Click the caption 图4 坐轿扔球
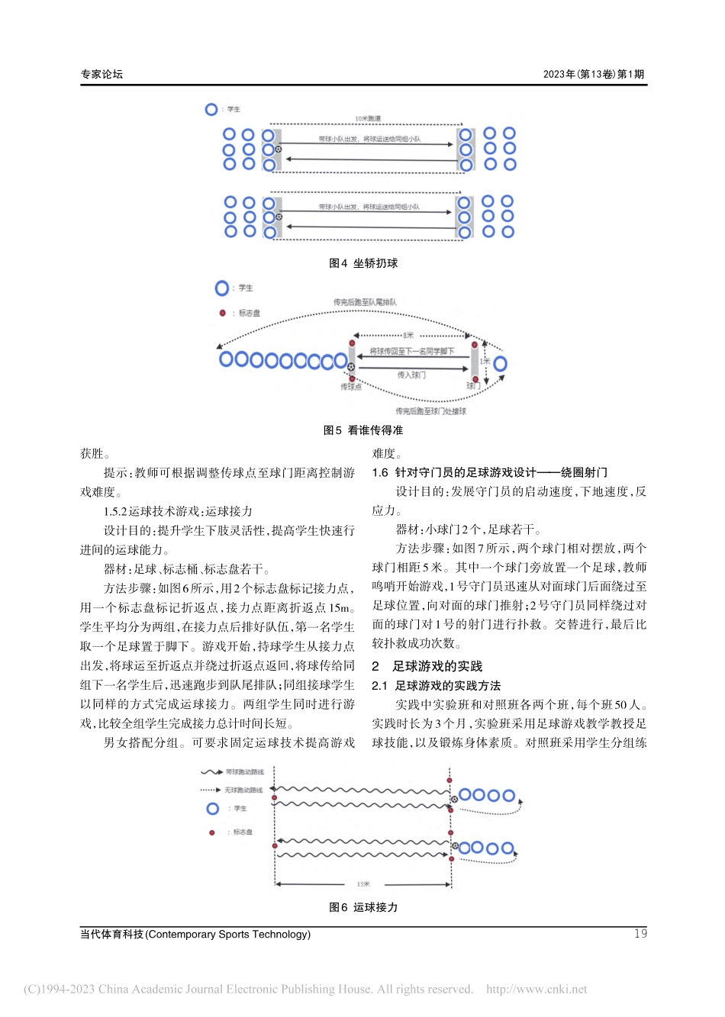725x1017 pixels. (x=363, y=263)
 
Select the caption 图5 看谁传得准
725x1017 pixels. (x=363, y=430)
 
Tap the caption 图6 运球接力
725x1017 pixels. (x=363, y=907)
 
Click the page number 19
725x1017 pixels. (x=640, y=934)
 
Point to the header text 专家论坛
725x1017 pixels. (x=101, y=74)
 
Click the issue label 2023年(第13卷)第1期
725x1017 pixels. (x=594, y=74)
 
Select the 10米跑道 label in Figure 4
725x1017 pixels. (x=368, y=119)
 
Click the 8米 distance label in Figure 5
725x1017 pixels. (x=408, y=335)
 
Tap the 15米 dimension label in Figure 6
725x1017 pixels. (x=363, y=884)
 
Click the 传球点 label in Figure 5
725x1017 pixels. (x=351, y=388)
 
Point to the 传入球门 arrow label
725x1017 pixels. (x=411, y=375)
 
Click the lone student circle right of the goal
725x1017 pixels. (x=500, y=363)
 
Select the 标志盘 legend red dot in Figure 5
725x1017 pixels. (x=223, y=313)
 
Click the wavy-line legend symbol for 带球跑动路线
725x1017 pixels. (x=211, y=772)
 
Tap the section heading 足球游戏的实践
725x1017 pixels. (x=437, y=666)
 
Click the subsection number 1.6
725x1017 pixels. (x=380, y=472)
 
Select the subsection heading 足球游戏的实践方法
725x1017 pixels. (x=448, y=686)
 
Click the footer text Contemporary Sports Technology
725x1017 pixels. (x=228, y=934)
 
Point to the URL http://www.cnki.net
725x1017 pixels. (x=536, y=990)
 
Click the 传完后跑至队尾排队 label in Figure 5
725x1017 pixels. (x=365, y=303)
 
